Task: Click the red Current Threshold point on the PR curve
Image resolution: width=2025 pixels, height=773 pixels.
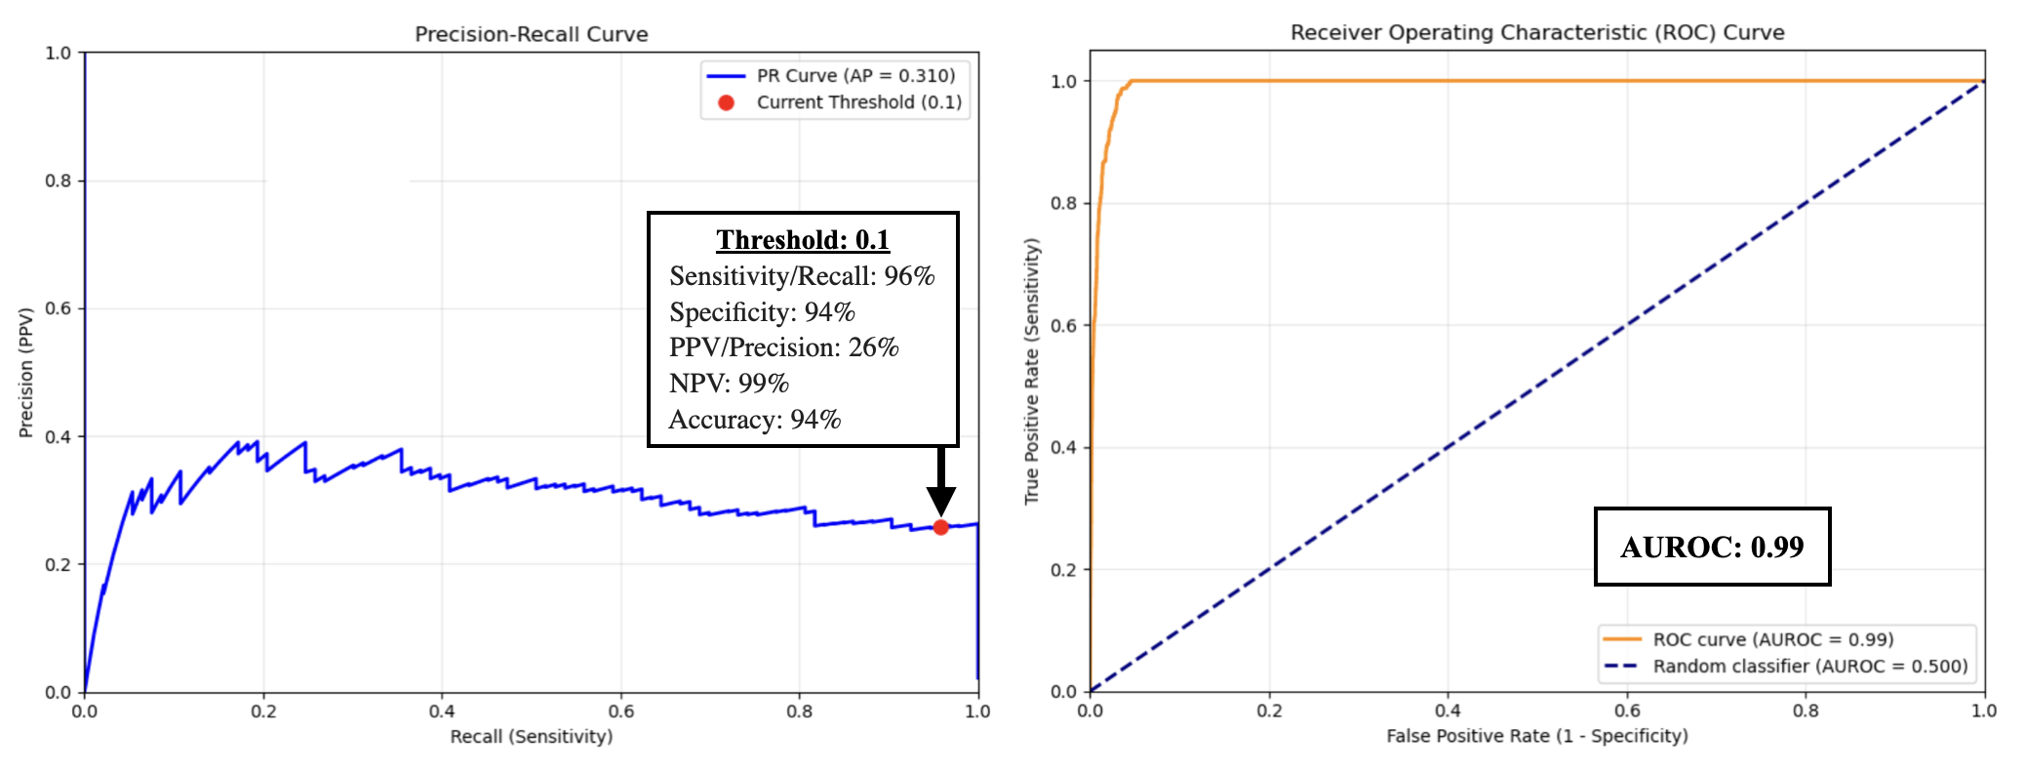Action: click(x=940, y=527)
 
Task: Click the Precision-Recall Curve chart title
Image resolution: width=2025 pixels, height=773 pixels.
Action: click(x=532, y=34)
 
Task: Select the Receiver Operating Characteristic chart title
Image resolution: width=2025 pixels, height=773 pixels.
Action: click(x=1537, y=32)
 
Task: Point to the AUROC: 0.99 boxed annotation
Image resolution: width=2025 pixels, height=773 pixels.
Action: click(x=1712, y=547)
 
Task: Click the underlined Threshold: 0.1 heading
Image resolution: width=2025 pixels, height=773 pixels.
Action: click(x=803, y=240)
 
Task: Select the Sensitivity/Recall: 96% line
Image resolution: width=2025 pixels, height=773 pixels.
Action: click(x=802, y=276)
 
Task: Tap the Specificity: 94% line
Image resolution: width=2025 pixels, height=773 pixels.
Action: click(x=762, y=312)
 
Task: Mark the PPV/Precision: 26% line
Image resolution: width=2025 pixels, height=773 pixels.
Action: click(x=783, y=347)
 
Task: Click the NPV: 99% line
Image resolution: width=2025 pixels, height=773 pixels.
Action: click(x=729, y=384)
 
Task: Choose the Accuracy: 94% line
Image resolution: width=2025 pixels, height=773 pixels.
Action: click(x=754, y=420)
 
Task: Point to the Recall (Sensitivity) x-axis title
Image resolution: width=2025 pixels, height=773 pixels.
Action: click(x=532, y=736)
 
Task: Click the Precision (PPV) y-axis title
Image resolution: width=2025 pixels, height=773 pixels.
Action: click(x=26, y=372)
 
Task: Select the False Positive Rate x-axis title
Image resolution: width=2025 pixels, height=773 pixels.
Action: click(x=1536, y=736)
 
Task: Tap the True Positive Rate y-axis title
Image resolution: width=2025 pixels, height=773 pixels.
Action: click(x=1032, y=372)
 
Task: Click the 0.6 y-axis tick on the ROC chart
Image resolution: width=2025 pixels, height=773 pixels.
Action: click(x=1063, y=325)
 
